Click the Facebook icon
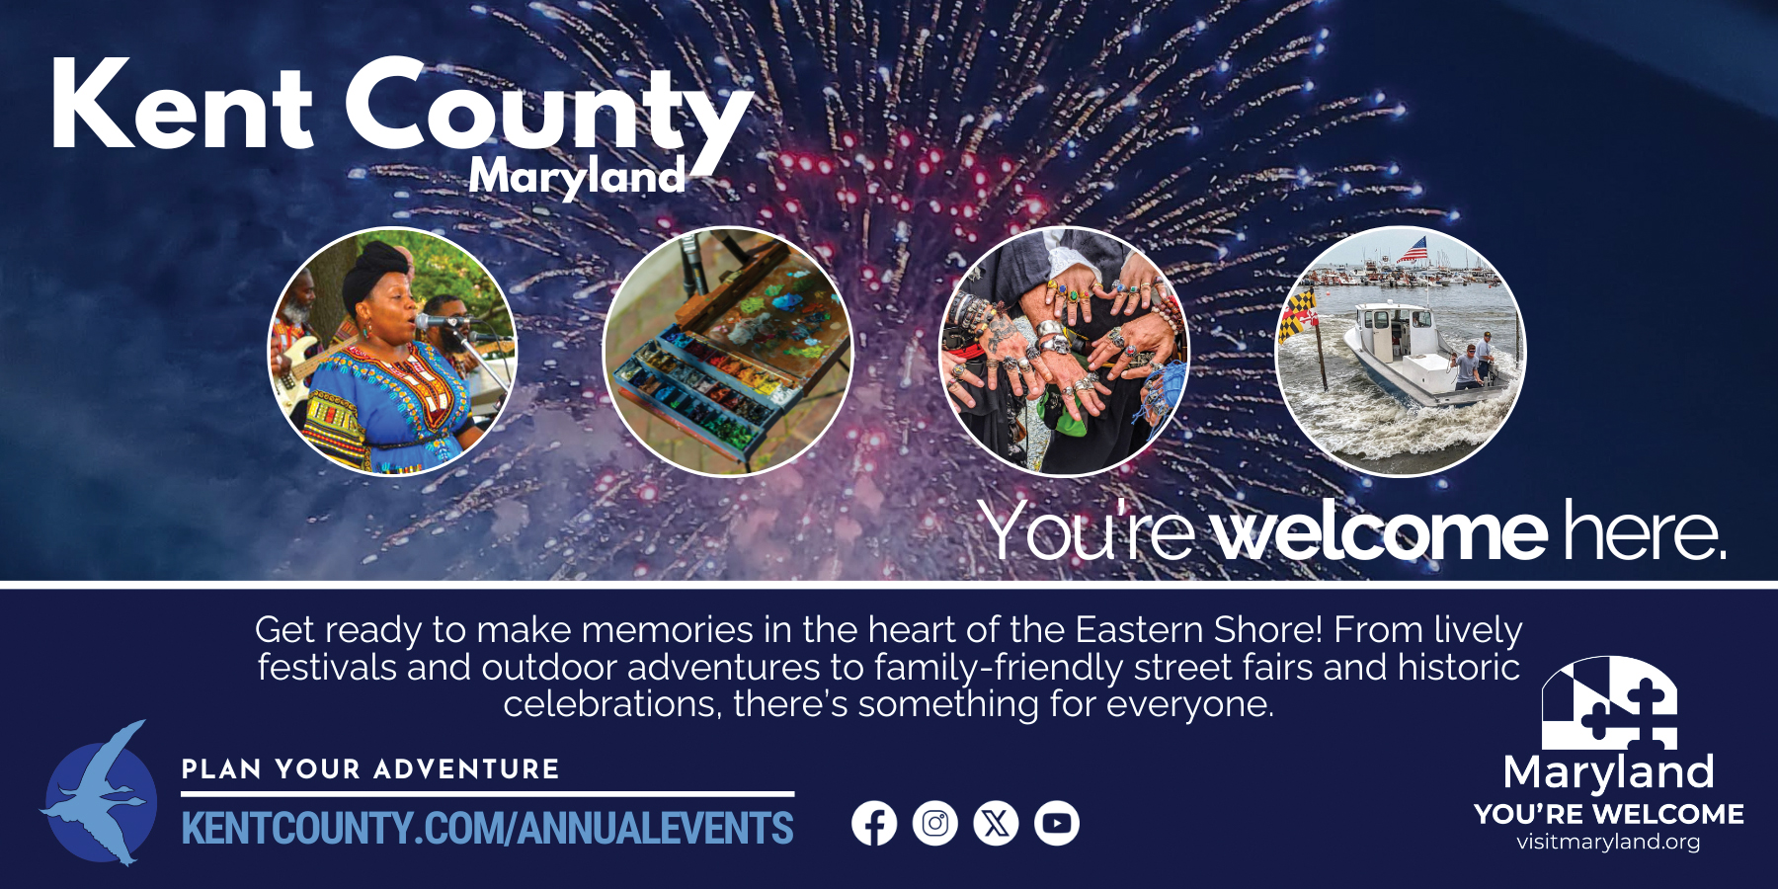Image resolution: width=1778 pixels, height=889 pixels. point(874,823)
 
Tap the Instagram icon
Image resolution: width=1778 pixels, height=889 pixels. point(935,823)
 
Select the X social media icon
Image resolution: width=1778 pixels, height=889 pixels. point(996,823)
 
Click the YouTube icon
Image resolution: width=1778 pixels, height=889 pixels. point(1057,823)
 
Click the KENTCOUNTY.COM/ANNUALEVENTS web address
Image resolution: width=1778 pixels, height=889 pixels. point(488,829)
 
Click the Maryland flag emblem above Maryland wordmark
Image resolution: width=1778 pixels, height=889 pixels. point(1609,702)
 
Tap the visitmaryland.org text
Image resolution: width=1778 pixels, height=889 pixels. point(1608,842)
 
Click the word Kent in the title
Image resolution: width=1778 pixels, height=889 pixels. point(182,106)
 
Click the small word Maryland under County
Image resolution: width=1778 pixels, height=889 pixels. point(577,176)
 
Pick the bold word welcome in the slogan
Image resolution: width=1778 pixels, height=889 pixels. point(1379,532)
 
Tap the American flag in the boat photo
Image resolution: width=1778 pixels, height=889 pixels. point(1414,248)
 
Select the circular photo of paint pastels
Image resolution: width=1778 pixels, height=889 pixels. point(727,352)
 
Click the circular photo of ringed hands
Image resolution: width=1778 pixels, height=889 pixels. point(1064,352)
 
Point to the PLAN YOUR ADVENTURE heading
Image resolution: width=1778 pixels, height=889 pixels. point(370,769)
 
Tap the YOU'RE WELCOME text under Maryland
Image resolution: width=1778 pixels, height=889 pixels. point(1609,814)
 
